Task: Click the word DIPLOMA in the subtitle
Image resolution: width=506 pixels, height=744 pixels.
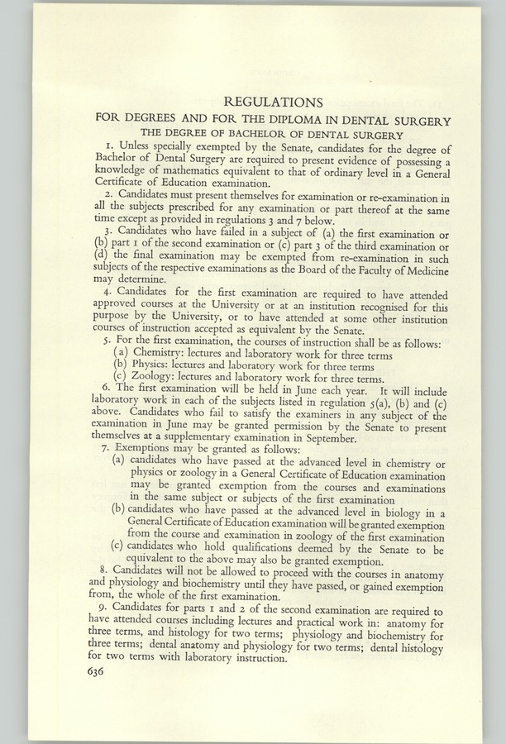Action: [308, 120]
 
